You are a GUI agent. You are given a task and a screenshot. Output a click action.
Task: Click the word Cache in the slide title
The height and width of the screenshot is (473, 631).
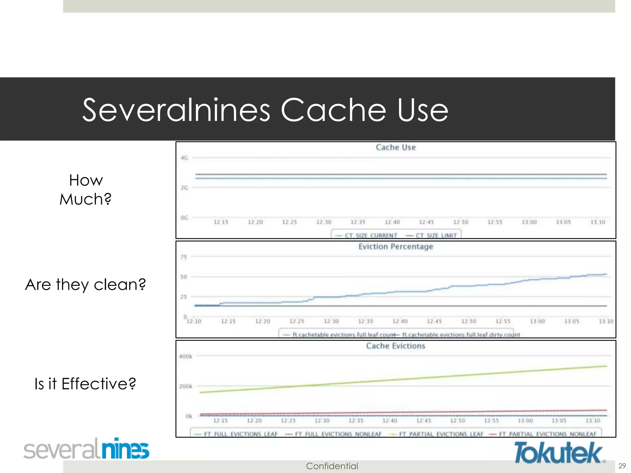(x=333, y=110)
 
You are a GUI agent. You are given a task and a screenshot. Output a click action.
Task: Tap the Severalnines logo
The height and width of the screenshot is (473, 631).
(x=87, y=449)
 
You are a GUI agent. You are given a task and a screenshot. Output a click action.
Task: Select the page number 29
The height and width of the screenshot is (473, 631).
(x=622, y=466)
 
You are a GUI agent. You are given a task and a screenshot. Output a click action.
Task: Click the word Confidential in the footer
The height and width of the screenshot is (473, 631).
(x=332, y=466)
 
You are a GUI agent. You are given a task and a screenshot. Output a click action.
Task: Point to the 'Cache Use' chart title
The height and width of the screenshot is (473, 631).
(x=396, y=148)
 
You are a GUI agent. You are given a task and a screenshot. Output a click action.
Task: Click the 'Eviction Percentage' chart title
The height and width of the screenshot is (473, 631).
(x=396, y=247)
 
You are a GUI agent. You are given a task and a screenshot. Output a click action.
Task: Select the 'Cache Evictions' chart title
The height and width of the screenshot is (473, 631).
(x=396, y=346)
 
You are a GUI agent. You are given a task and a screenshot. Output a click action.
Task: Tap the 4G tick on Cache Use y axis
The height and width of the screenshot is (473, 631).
(x=184, y=158)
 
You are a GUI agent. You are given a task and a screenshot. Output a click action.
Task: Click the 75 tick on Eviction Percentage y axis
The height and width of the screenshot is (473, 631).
(x=184, y=257)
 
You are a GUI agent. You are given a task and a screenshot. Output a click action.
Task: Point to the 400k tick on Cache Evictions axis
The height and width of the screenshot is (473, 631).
(x=185, y=357)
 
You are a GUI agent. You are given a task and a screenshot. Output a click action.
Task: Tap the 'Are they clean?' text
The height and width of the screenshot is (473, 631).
(x=85, y=285)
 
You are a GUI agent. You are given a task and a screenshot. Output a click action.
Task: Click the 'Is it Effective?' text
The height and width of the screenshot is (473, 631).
(x=85, y=384)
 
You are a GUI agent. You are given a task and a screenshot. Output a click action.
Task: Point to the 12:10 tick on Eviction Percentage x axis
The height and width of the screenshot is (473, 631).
(x=194, y=321)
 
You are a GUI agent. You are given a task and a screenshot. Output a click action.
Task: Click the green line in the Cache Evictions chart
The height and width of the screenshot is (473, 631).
(x=401, y=378)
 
